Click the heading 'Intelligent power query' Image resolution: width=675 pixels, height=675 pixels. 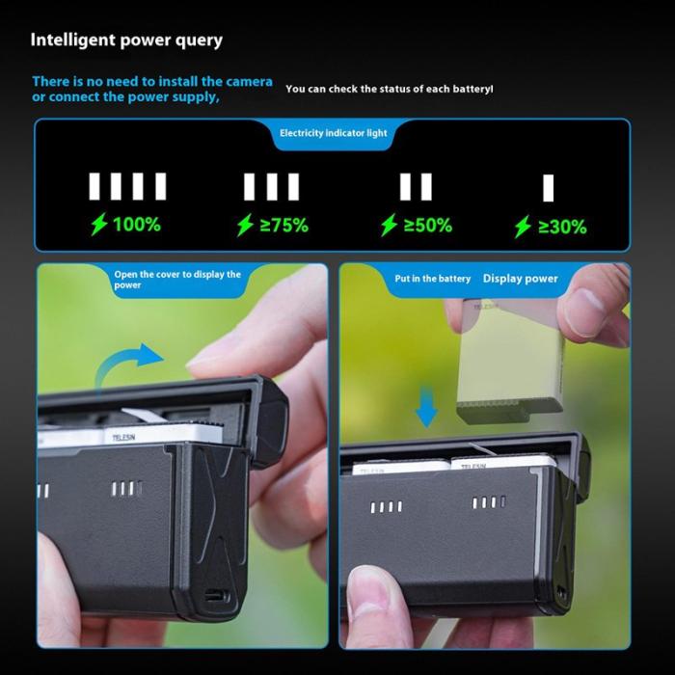click(x=126, y=40)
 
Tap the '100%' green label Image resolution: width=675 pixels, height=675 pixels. click(x=137, y=225)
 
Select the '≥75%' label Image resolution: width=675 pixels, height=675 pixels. click(x=284, y=225)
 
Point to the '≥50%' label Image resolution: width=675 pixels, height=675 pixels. click(x=428, y=225)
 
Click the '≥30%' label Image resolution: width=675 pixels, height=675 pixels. click(x=562, y=227)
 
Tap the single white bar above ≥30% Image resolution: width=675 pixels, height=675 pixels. click(x=548, y=188)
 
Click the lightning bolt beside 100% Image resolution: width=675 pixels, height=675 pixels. click(x=99, y=225)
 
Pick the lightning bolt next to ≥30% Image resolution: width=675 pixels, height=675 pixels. click(x=523, y=227)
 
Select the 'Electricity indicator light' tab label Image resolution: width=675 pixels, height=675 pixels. click(x=334, y=133)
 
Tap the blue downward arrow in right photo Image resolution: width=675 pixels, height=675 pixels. click(x=426, y=407)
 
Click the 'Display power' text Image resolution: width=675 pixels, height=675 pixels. click(x=521, y=279)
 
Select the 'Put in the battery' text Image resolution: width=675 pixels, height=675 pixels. click(x=433, y=279)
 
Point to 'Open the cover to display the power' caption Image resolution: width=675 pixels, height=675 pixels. click(x=177, y=280)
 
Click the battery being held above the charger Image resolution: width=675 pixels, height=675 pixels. click(x=510, y=362)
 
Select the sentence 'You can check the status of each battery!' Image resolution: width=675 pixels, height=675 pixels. click(x=390, y=89)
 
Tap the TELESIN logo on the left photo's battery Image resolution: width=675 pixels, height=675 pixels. click(x=124, y=438)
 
